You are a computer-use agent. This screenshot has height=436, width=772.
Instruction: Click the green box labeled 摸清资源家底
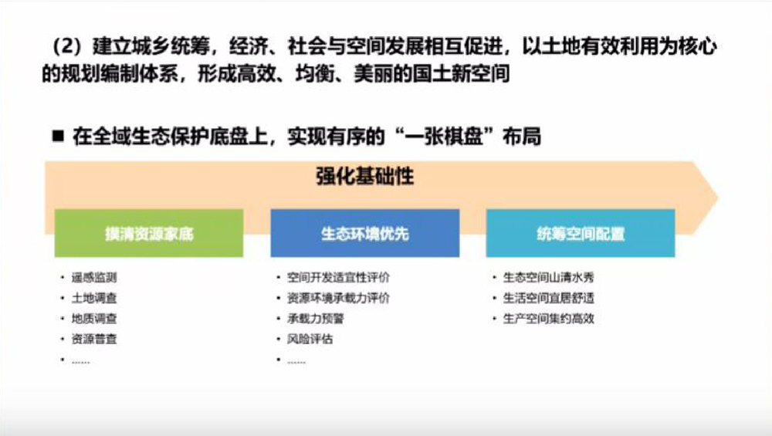coord(149,233)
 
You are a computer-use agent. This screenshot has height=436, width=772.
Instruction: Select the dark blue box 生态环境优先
coord(365,233)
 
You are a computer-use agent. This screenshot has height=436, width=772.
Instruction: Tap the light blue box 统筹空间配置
coord(581,233)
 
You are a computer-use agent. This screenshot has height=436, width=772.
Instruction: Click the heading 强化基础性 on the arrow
coord(365,176)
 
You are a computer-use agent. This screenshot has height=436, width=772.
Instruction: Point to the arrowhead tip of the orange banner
coord(718,198)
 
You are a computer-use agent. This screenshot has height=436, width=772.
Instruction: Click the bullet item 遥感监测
coord(94,278)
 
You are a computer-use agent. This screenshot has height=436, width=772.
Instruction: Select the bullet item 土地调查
coord(94,298)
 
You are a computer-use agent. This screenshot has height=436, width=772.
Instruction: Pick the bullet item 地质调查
coord(94,319)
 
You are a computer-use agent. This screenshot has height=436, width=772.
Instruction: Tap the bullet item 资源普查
coord(94,339)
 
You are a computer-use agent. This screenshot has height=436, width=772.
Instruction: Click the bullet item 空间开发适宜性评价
coord(338,278)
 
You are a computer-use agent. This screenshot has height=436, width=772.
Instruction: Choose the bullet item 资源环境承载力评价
coord(338,298)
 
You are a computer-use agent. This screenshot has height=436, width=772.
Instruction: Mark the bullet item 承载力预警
coord(316,319)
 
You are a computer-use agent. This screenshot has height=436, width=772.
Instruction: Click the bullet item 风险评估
coord(310,339)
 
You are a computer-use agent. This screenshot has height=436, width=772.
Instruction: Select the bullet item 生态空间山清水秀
coord(548,278)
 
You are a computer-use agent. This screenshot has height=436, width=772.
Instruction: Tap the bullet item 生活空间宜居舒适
coord(548,298)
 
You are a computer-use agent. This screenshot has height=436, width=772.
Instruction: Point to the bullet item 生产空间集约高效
coord(548,319)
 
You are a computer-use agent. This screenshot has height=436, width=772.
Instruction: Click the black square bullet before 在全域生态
coord(58,136)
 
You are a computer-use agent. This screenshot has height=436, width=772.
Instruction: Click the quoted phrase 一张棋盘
coord(443,137)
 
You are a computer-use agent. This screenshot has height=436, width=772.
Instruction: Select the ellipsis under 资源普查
coord(81,362)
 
